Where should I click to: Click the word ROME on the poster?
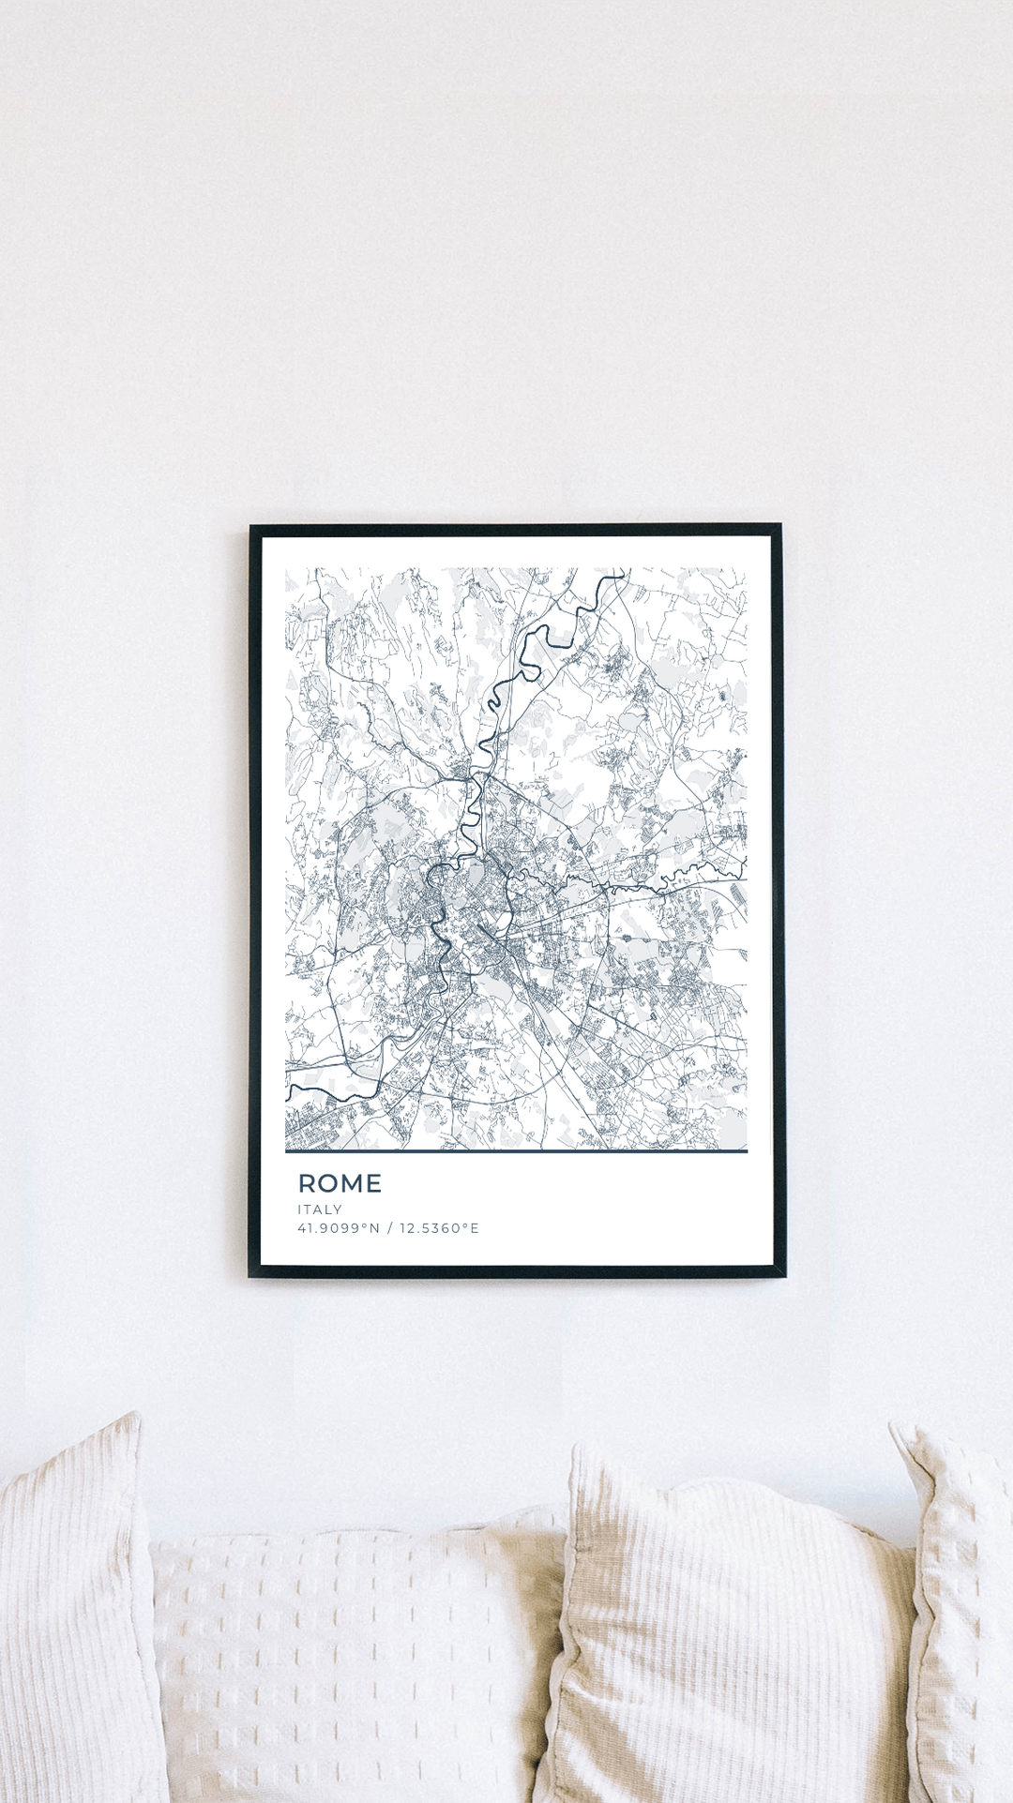[340, 1183]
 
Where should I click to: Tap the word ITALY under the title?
[320, 1210]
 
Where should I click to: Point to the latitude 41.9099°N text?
[339, 1228]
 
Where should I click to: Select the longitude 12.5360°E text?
[439, 1228]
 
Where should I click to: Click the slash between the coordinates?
[389, 1228]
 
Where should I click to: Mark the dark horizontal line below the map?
[516, 1150]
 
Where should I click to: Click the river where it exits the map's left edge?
[289, 1090]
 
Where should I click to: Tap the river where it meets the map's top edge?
[619, 571]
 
